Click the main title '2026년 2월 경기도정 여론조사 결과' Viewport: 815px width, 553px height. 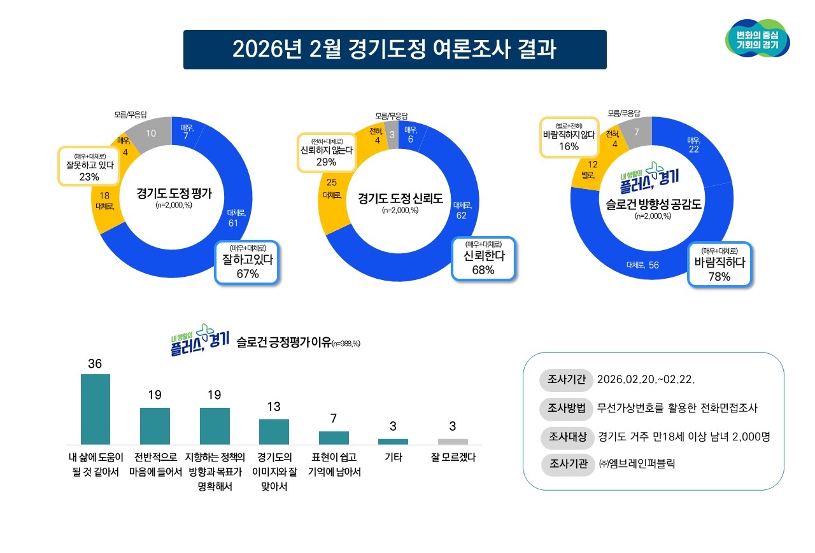tap(395, 50)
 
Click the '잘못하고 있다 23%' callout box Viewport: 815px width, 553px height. tap(89, 165)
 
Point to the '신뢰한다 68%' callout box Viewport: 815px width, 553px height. tap(483, 258)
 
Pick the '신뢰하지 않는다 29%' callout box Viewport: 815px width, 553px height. tap(326, 151)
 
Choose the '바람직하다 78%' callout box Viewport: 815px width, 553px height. tap(721, 265)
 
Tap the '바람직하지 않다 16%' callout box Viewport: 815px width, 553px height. tap(569, 136)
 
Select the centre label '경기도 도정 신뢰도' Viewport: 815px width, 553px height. tap(400, 198)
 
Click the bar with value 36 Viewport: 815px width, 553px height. tap(96, 409)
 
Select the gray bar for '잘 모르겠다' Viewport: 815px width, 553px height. tap(453, 441)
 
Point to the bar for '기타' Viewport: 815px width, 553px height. tap(393, 441)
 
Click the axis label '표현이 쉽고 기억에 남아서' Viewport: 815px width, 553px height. tap(334, 465)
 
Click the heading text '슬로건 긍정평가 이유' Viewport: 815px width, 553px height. tap(284, 342)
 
